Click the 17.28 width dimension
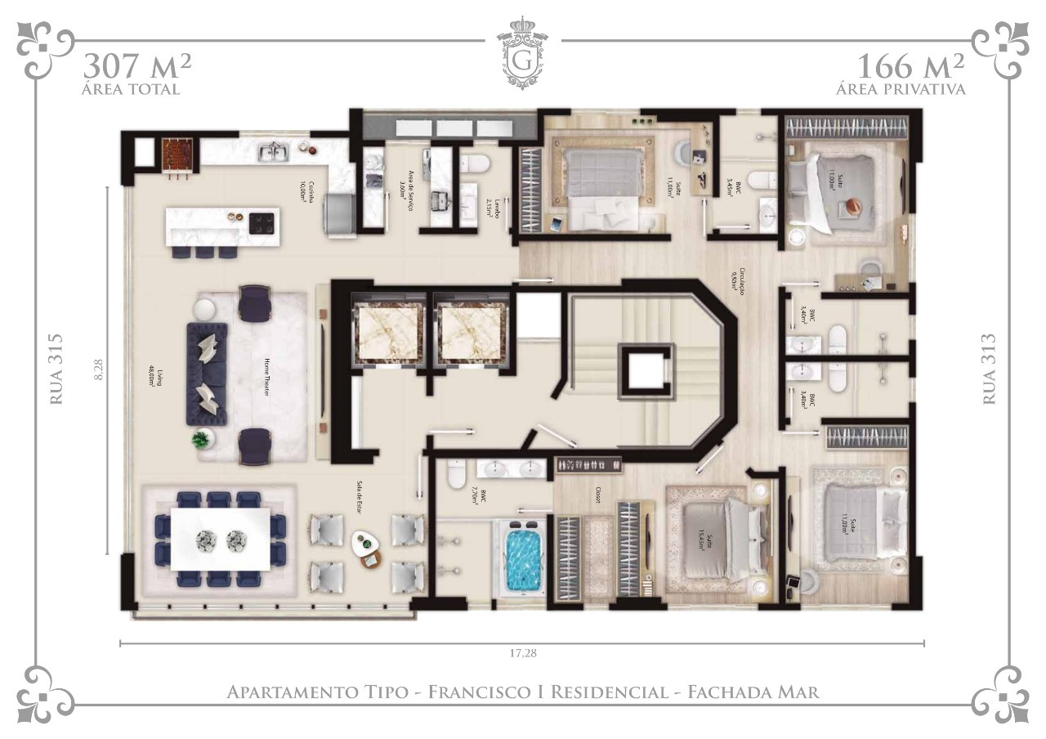522,654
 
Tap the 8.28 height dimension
99,369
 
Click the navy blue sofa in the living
206,374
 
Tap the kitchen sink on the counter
272,150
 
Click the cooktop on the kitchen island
262,223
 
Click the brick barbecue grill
177,154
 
